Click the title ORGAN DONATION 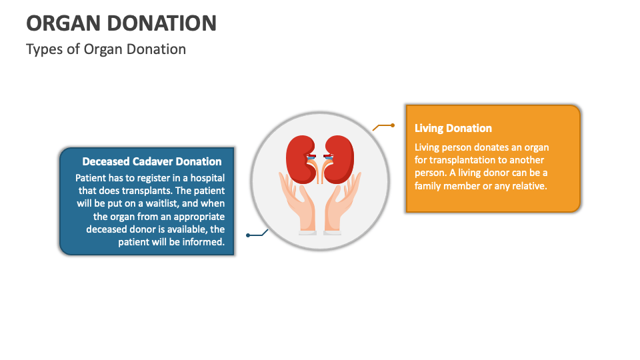pyautogui.click(x=121, y=23)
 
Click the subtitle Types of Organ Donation pyautogui.click(x=106, y=49)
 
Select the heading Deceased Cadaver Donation pyautogui.click(x=152, y=161)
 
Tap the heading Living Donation pyautogui.click(x=453, y=128)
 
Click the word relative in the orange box pyautogui.click(x=526, y=186)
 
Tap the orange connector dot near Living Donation pyautogui.click(x=393, y=125)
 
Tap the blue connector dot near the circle pyautogui.click(x=248, y=235)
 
